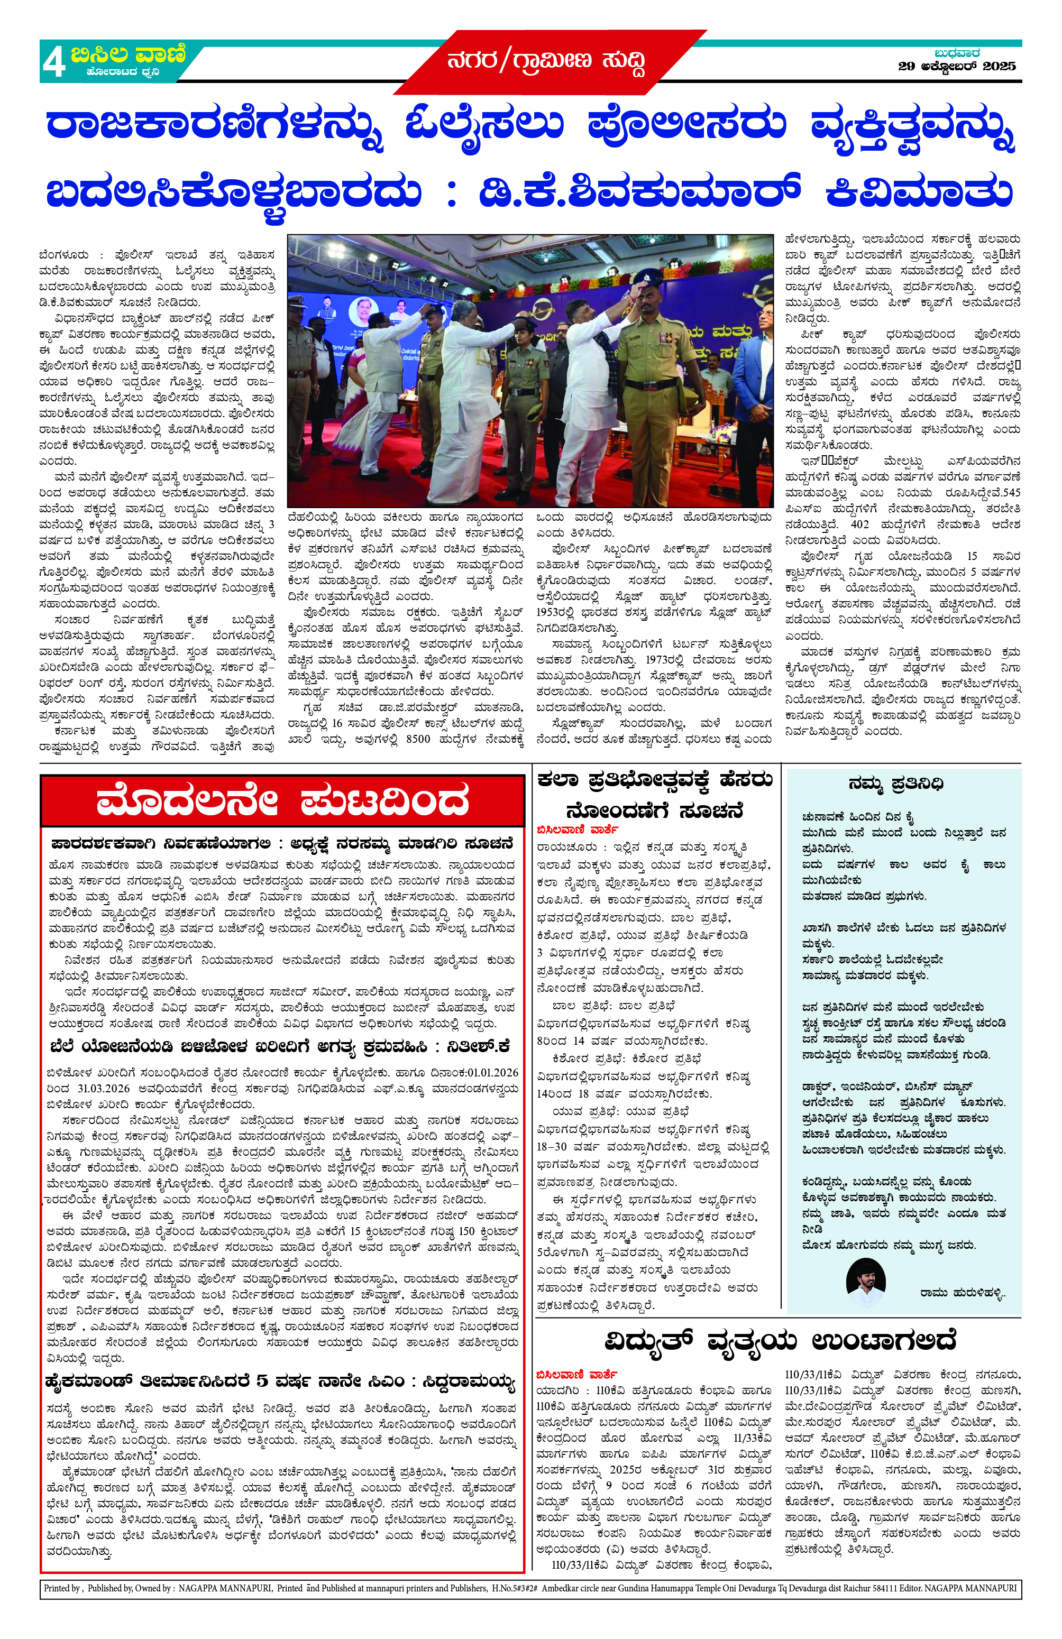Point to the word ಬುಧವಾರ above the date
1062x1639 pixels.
pos(957,53)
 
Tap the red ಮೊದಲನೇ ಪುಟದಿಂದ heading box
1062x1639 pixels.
pos(282,801)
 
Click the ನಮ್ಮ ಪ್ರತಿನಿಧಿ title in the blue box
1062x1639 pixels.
pos(895,784)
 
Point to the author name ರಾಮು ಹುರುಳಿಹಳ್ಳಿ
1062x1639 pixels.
pos(962,1293)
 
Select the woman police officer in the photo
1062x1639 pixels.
pos(525,385)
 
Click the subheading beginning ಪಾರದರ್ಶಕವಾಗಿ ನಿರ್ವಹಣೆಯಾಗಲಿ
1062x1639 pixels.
pos(282,844)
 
